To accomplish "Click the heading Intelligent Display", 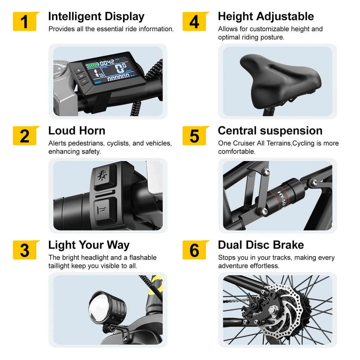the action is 96,17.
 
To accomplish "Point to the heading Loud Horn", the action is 77,131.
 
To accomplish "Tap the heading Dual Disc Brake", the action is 261,245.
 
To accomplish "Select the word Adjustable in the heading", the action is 285,17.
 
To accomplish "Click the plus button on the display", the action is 78,70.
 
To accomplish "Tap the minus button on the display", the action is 84,81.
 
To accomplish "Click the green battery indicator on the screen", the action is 92,65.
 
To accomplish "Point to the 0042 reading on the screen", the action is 107,62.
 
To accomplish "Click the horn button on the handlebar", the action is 102,211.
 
